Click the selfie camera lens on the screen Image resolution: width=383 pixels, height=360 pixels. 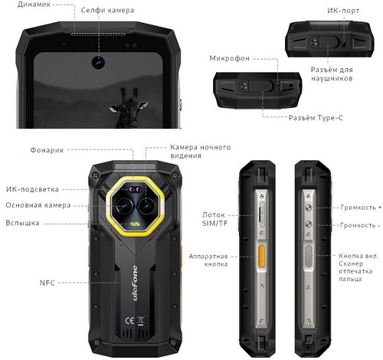[x=98, y=62]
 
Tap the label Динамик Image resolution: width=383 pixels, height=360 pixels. [x=34, y=5]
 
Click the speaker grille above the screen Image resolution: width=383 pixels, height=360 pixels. [x=99, y=34]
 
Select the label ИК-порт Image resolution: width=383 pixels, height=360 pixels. [x=343, y=11]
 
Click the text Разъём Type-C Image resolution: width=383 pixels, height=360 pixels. [x=316, y=118]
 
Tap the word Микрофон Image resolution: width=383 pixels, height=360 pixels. [x=229, y=58]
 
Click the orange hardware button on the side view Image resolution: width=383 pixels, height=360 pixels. [x=261, y=256]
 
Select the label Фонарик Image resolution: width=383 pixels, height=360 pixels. [x=47, y=150]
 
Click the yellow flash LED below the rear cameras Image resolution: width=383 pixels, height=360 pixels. [x=134, y=224]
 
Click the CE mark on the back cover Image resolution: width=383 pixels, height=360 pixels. [x=129, y=321]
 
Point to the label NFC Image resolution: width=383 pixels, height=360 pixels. [x=47, y=283]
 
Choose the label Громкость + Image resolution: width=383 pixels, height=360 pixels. [x=361, y=208]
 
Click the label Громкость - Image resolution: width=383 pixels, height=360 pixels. [x=360, y=225]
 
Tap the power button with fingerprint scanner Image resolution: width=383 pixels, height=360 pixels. [x=309, y=256]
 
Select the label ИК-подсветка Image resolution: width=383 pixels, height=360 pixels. [x=32, y=189]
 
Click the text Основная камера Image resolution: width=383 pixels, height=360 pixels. [x=38, y=205]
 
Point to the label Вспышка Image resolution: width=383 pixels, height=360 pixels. [x=22, y=223]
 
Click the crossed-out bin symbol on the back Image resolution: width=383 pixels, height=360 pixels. [x=140, y=321]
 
